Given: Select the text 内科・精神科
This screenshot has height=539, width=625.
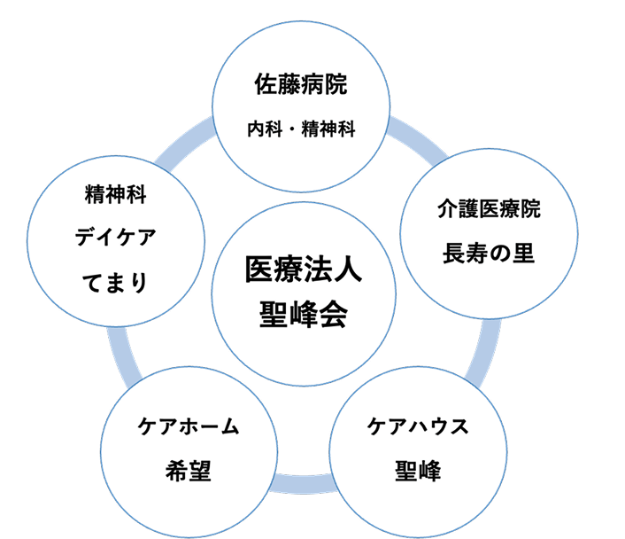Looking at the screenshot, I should coord(302,129).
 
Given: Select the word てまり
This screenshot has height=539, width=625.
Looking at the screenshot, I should coord(116,282).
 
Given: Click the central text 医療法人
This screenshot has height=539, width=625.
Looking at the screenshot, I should coord(305,269).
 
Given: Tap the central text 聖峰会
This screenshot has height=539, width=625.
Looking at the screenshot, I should coord(305,314).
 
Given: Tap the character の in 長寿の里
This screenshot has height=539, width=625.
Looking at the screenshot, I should coord(500,254).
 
